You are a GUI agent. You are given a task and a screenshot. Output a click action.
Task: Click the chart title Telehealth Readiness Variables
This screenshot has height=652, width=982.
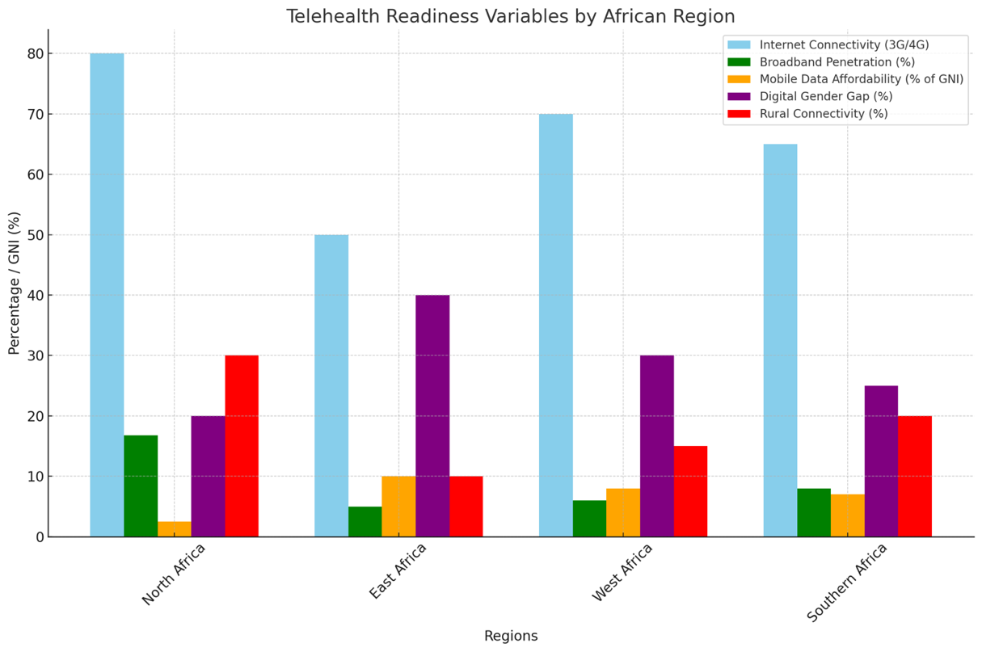click(x=510, y=16)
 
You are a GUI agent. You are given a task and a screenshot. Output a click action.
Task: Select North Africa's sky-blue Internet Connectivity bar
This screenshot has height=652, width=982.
click(x=107, y=295)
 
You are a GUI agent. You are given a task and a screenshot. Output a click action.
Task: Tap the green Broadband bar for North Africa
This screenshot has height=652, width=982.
click(x=141, y=486)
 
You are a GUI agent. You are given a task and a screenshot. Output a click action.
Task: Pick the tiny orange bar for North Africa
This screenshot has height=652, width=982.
click(x=175, y=529)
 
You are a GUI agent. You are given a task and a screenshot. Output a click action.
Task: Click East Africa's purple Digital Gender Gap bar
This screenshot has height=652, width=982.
click(x=432, y=415)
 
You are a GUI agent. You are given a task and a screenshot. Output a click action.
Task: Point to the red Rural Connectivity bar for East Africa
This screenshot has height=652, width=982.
click(x=466, y=507)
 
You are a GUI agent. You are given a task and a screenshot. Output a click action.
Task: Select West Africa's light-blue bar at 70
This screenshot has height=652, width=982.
click(x=556, y=325)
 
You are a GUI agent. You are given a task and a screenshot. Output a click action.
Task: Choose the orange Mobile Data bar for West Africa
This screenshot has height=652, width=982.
click(x=623, y=512)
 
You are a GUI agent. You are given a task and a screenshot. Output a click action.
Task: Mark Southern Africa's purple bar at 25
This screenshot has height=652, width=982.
click(x=881, y=461)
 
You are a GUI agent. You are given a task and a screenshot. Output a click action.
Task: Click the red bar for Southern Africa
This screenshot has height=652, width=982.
click(x=915, y=476)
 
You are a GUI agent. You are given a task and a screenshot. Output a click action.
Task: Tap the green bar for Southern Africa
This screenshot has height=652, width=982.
click(x=814, y=512)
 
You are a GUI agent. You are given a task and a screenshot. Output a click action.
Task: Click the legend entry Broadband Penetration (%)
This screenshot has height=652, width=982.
click(x=837, y=61)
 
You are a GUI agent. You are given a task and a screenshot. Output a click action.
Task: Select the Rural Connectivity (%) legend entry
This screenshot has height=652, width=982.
click(x=824, y=114)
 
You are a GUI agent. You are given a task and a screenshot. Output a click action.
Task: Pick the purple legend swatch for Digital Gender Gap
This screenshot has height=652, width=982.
click(x=740, y=96)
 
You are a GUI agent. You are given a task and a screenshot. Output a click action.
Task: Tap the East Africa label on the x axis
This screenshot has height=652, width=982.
click(x=398, y=571)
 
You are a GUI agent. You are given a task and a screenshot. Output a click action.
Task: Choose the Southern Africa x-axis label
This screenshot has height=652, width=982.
click(x=847, y=582)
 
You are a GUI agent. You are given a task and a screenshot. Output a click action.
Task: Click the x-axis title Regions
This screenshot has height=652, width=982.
click(x=511, y=636)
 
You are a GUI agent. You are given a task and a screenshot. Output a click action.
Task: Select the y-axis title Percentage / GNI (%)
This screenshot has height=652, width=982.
click(x=14, y=283)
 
